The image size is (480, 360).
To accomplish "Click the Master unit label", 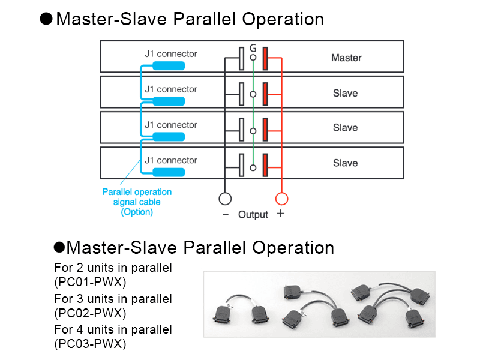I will coord(346,58).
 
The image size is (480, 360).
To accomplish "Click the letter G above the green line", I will coord(253,47).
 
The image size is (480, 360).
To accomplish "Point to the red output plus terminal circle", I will coord(281,199).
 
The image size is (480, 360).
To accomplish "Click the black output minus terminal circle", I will coord(224,199).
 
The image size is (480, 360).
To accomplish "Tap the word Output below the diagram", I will coord(253,215).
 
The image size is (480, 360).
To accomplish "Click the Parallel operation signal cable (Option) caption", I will coord(137,202).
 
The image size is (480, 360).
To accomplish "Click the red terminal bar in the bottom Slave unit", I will coord(265,163).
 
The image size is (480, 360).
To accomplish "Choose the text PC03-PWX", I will coord(90,344).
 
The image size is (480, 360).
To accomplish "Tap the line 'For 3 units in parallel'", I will coord(113,299).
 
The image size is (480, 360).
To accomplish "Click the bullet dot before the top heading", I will coord(46,19).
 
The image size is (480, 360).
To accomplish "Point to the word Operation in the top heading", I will coord(283,19).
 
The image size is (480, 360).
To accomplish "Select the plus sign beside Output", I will coord(280,214).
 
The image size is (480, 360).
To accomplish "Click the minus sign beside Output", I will coord(226,214).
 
